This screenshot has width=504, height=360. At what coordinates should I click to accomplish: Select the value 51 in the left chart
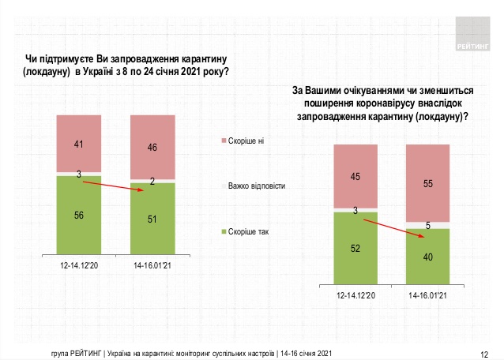point(152,220)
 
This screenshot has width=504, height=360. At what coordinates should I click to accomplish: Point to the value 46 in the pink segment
point(152,147)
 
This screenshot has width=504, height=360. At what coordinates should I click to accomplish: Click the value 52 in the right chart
point(357,249)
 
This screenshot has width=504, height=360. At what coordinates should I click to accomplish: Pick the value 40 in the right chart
point(427,255)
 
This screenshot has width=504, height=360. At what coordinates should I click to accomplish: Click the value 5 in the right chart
point(427,225)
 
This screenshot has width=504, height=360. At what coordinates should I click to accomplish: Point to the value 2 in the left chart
point(152,181)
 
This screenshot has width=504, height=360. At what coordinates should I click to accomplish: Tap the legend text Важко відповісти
point(256,186)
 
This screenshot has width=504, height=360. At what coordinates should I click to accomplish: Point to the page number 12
point(484,353)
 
